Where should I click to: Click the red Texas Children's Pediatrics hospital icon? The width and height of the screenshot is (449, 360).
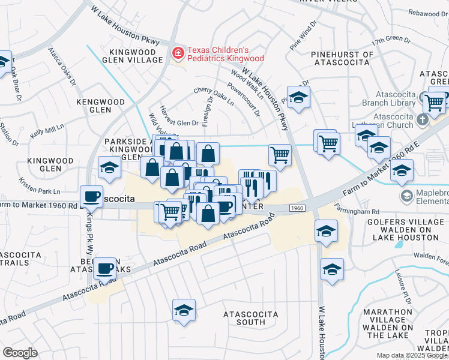click(x=178, y=54)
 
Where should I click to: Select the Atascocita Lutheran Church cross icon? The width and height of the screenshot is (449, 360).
click(x=423, y=119)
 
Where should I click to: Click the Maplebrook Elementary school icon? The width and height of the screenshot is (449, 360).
click(x=406, y=196)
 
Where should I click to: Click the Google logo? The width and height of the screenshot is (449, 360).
click(x=20, y=352)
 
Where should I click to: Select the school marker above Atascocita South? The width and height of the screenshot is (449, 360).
click(x=184, y=310)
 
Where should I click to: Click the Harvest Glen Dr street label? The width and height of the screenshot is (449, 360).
click(x=179, y=122)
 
